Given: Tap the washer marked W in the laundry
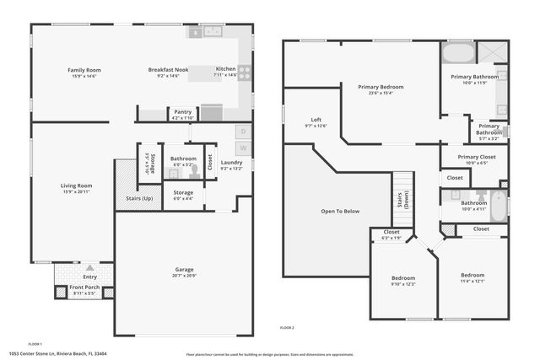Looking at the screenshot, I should coord(241,147).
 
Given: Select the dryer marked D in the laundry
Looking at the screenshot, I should coord(241,132).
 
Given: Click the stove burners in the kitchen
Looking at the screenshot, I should coord(243,73).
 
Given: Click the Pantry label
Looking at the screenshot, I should coord(182,112).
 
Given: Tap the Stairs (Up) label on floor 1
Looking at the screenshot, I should coord(139,199).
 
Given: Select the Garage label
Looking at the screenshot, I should coord(184,270).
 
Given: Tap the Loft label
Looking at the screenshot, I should coord(316,120).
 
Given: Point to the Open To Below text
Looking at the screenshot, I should coord(340,212).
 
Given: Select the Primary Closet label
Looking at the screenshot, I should coord(477,157).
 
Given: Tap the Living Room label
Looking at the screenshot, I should coord(76,185).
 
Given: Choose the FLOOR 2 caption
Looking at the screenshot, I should coord(288,327).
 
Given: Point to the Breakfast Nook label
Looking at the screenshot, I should coord(168,69).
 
